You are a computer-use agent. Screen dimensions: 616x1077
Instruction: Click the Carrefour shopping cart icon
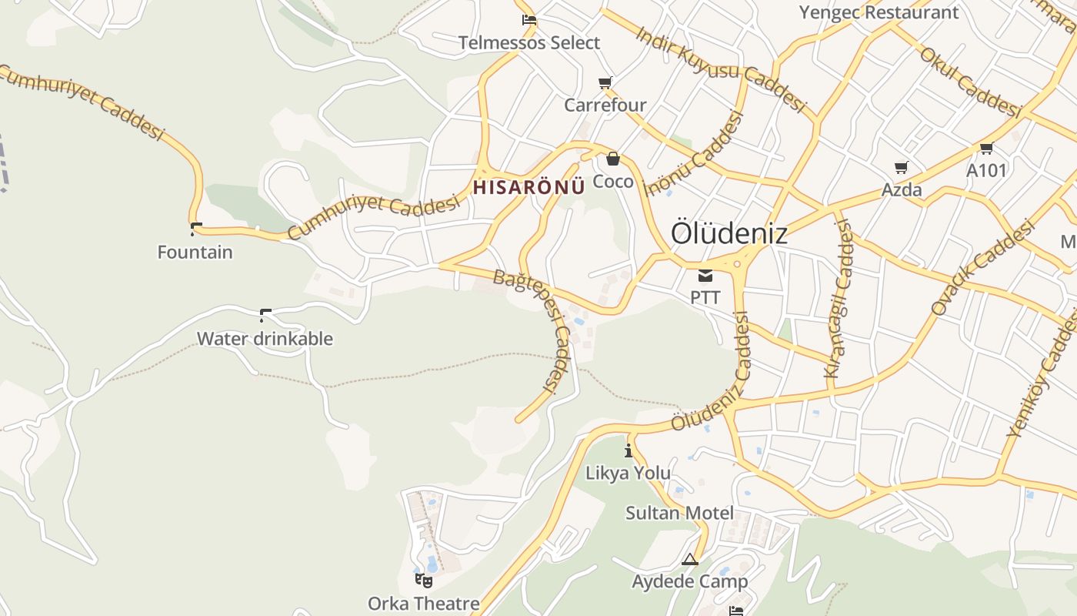click(x=605, y=82)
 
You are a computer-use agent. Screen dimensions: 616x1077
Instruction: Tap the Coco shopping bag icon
click(x=613, y=159)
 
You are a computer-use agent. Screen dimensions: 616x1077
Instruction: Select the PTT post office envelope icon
click(x=705, y=276)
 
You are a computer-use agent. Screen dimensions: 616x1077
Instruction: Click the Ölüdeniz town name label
click(x=729, y=233)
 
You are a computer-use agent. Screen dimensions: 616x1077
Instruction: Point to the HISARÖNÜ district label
click(x=524, y=187)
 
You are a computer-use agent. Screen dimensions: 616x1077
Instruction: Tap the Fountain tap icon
click(x=195, y=228)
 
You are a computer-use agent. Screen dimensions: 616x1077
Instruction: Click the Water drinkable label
click(x=265, y=339)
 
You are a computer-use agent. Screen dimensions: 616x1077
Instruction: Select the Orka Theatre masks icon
click(x=423, y=580)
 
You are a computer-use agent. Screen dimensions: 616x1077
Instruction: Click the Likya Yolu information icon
click(x=629, y=450)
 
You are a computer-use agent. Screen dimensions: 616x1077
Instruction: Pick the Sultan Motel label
click(x=679, y=513)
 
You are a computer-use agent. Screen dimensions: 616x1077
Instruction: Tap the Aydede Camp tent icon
click(x=690, y=560)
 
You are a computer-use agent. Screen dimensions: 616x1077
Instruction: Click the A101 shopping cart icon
click(x=986, y=148)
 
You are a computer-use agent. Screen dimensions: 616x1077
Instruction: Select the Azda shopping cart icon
click(x=902, y=167)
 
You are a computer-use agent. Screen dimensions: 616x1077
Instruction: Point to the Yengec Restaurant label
click(x=879, y=12)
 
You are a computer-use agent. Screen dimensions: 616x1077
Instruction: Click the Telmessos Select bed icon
click(x=528, y=20)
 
